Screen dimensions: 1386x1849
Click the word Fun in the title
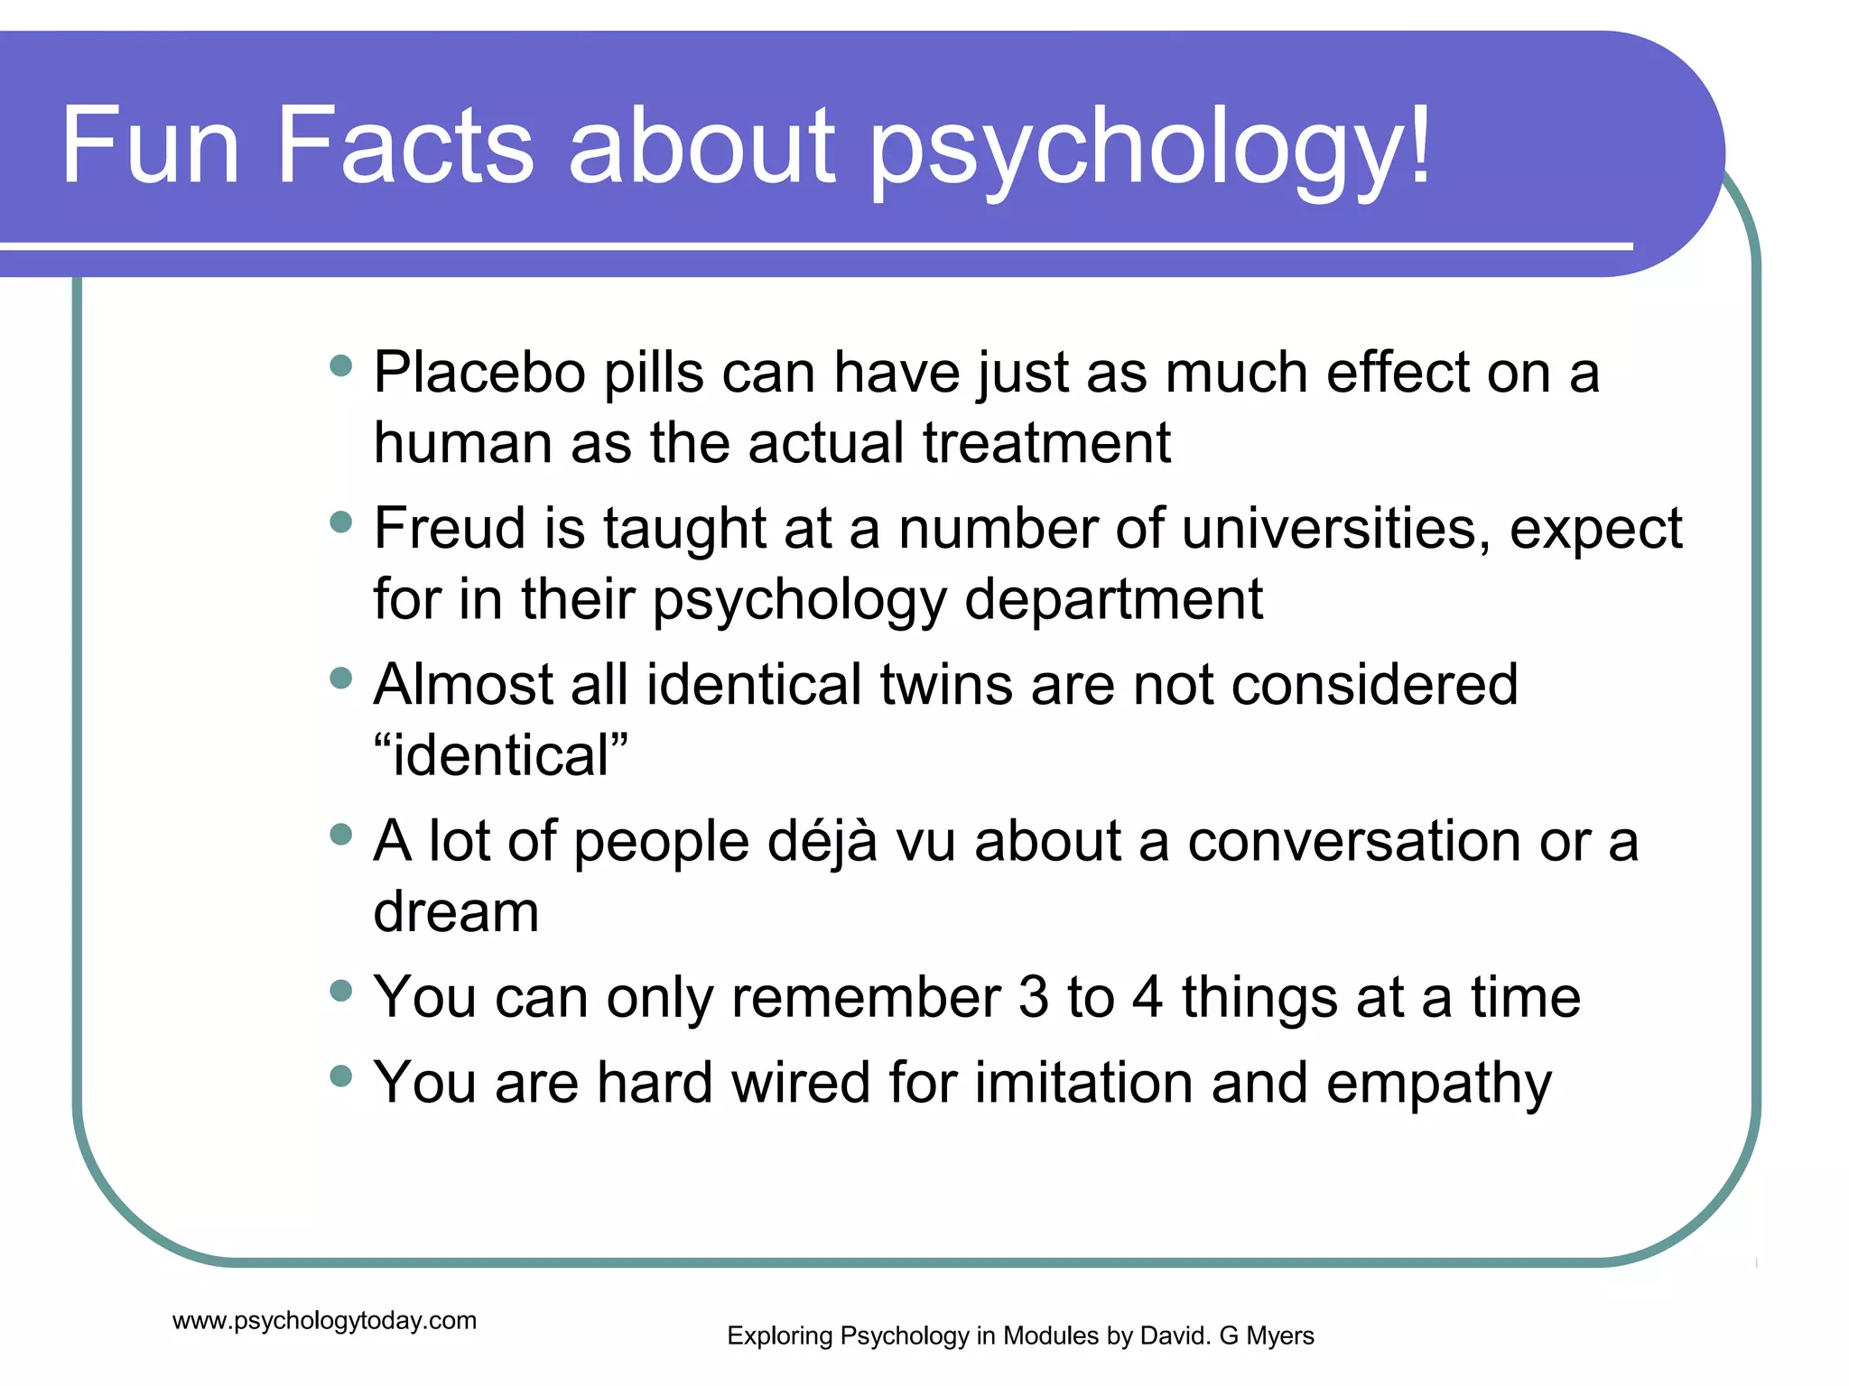pos(150,145)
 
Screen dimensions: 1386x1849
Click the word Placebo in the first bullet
pos(479,372)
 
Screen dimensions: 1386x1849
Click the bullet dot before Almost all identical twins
pos(340,678)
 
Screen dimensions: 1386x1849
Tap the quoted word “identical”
pos(501,755)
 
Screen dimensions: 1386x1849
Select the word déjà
pos(822,842)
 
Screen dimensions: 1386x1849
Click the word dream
pos(456,911)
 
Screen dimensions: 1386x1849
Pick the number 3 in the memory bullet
pos(1034,998)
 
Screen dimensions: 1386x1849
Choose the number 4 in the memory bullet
pos(1147,998)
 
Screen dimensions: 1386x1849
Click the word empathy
pos(1439,1083)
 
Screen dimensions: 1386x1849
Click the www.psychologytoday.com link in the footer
pos(324,1321)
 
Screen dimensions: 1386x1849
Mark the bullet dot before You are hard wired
pos(340,1076)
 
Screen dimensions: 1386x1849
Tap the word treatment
pos(1046,443)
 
